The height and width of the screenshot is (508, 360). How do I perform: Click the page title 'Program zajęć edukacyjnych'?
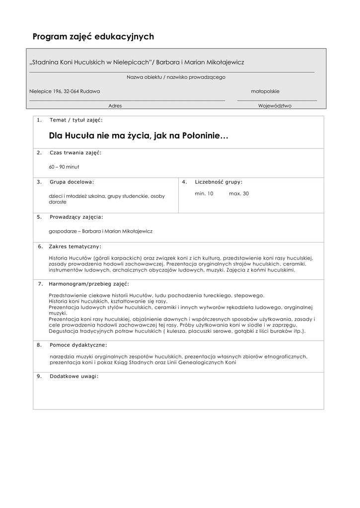click(x=93, y=37)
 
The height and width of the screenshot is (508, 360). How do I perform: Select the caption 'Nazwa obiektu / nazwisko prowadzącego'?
click(x=176, y=77)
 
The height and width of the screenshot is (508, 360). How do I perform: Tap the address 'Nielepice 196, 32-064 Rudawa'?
click(x=65, y=91)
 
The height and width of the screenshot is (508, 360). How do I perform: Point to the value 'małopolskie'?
click(x=265, y=91)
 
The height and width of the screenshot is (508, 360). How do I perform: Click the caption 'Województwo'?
click(x=275, y=106)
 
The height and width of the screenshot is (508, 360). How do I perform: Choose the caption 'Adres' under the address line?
click(x=115, y=106)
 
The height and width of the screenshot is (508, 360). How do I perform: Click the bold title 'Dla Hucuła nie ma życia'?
click(x=139, y=135)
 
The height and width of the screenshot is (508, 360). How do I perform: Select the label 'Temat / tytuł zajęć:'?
click(x=76, y=120)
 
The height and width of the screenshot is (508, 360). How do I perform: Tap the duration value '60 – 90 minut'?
click(x=64, y=167)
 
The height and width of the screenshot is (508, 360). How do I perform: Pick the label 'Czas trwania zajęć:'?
click(x=75, y=152)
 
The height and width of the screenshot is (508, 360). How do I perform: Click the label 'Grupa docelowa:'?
click(x=72, y=182)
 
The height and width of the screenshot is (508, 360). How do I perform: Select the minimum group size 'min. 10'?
click(x=204, y=193)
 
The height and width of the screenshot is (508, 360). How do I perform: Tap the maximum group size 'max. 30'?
click(x=239, y=193)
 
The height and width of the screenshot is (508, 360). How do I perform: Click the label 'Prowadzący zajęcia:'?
click(x=76, y=217)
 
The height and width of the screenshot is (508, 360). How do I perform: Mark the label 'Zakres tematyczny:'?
click(x=75, y=247)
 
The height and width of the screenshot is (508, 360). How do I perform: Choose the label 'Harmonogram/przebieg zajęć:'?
click(x=89, y=284)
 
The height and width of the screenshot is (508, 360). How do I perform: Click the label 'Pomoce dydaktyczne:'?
click(x=78, y=345)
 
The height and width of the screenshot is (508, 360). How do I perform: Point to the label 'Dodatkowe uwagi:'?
click(x=74, y=376)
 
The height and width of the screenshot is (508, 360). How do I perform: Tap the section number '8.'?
click(x=39, y=345)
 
